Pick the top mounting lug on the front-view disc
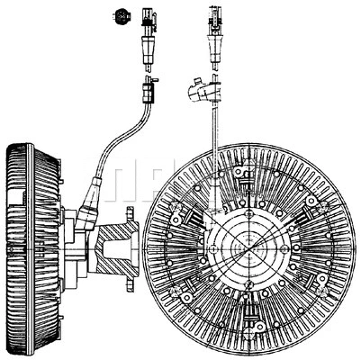[243, 171]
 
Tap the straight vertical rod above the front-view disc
[212, 126]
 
